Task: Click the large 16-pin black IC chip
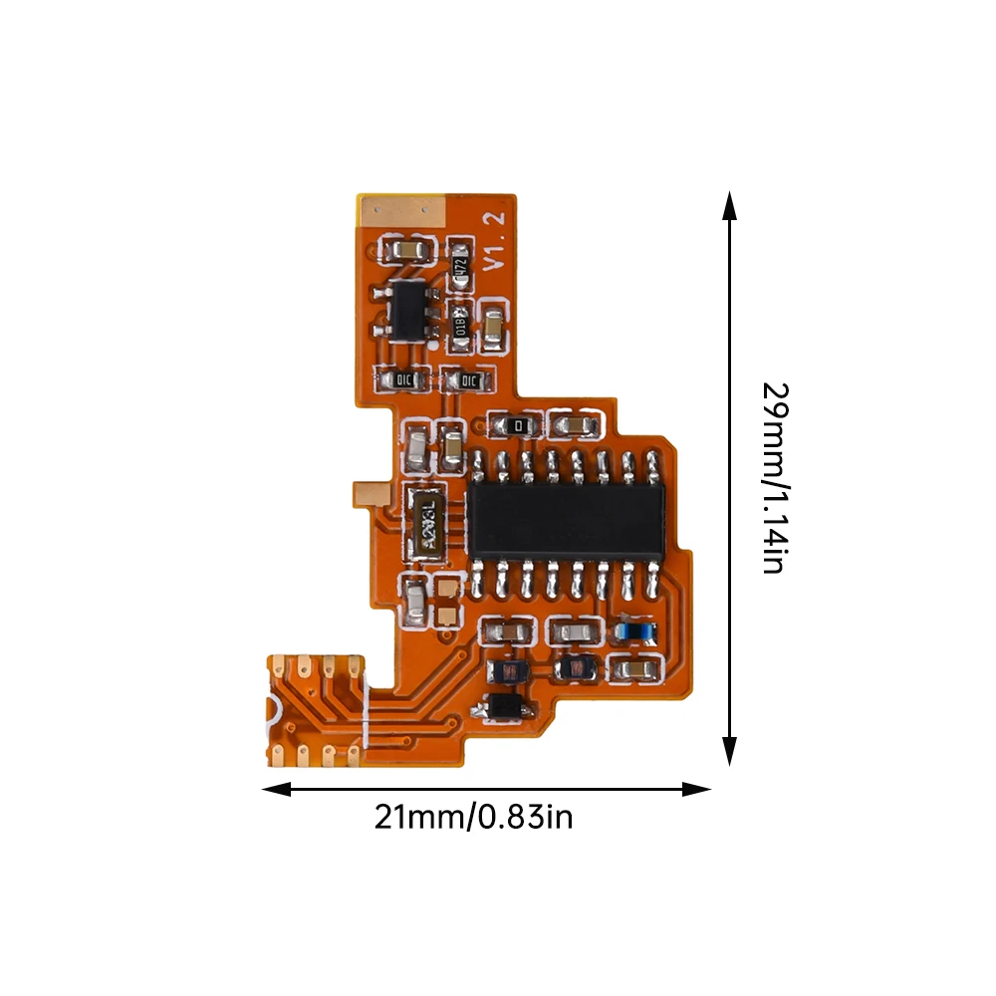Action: pos(566,521)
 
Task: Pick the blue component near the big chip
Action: pos(633,629)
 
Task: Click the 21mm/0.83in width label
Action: pos(473,819)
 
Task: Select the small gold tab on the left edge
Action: pos(368,491)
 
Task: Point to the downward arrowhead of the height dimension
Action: pos(730,753)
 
